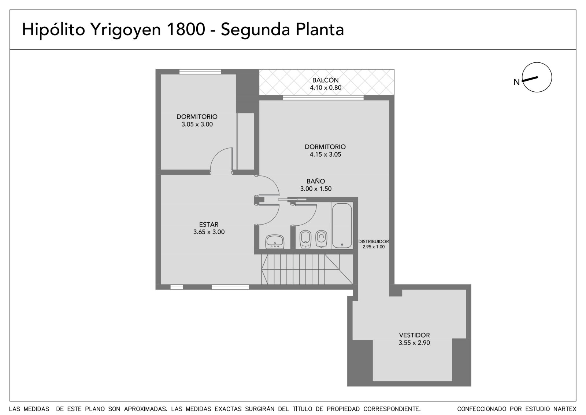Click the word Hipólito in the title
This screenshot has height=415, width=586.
53,30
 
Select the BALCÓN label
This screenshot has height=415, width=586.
326,80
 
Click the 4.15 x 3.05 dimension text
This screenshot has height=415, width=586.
326,154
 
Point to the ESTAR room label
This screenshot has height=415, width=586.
209,225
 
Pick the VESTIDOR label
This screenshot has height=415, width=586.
414,335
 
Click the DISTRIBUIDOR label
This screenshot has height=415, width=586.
374,241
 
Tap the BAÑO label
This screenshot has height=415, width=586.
316,181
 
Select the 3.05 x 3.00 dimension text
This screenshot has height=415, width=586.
197,124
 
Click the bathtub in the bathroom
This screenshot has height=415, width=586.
342,225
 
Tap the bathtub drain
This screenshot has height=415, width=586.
342,245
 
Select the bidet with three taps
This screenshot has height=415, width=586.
305,239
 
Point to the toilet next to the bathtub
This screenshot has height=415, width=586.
321,239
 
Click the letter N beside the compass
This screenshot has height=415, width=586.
516,82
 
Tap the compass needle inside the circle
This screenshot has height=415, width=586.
530,79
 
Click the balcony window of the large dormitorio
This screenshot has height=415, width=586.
323,98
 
